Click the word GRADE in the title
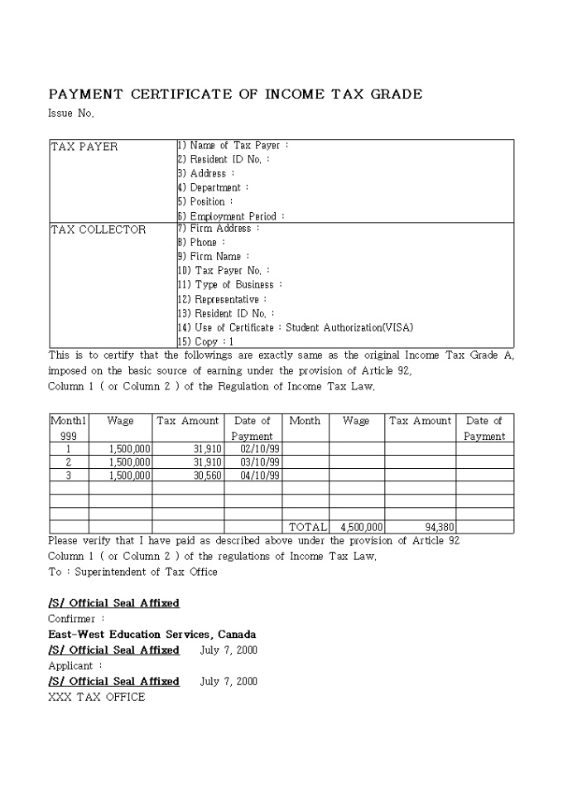coord(396,94)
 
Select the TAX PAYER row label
coord(84,147)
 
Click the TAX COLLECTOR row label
coord(98,229)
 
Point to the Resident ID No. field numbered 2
coord(224,160)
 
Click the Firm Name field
coord(214,257)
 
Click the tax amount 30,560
coord(206,476)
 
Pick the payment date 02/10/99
coord(259,449)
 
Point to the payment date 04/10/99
coord(259,476)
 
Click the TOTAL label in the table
coord(307,527)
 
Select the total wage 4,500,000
coord(361,527)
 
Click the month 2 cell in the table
coord(69,462)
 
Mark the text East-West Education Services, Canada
coord(152,635)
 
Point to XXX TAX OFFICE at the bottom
coord(96,698)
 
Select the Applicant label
coord(75,666)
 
